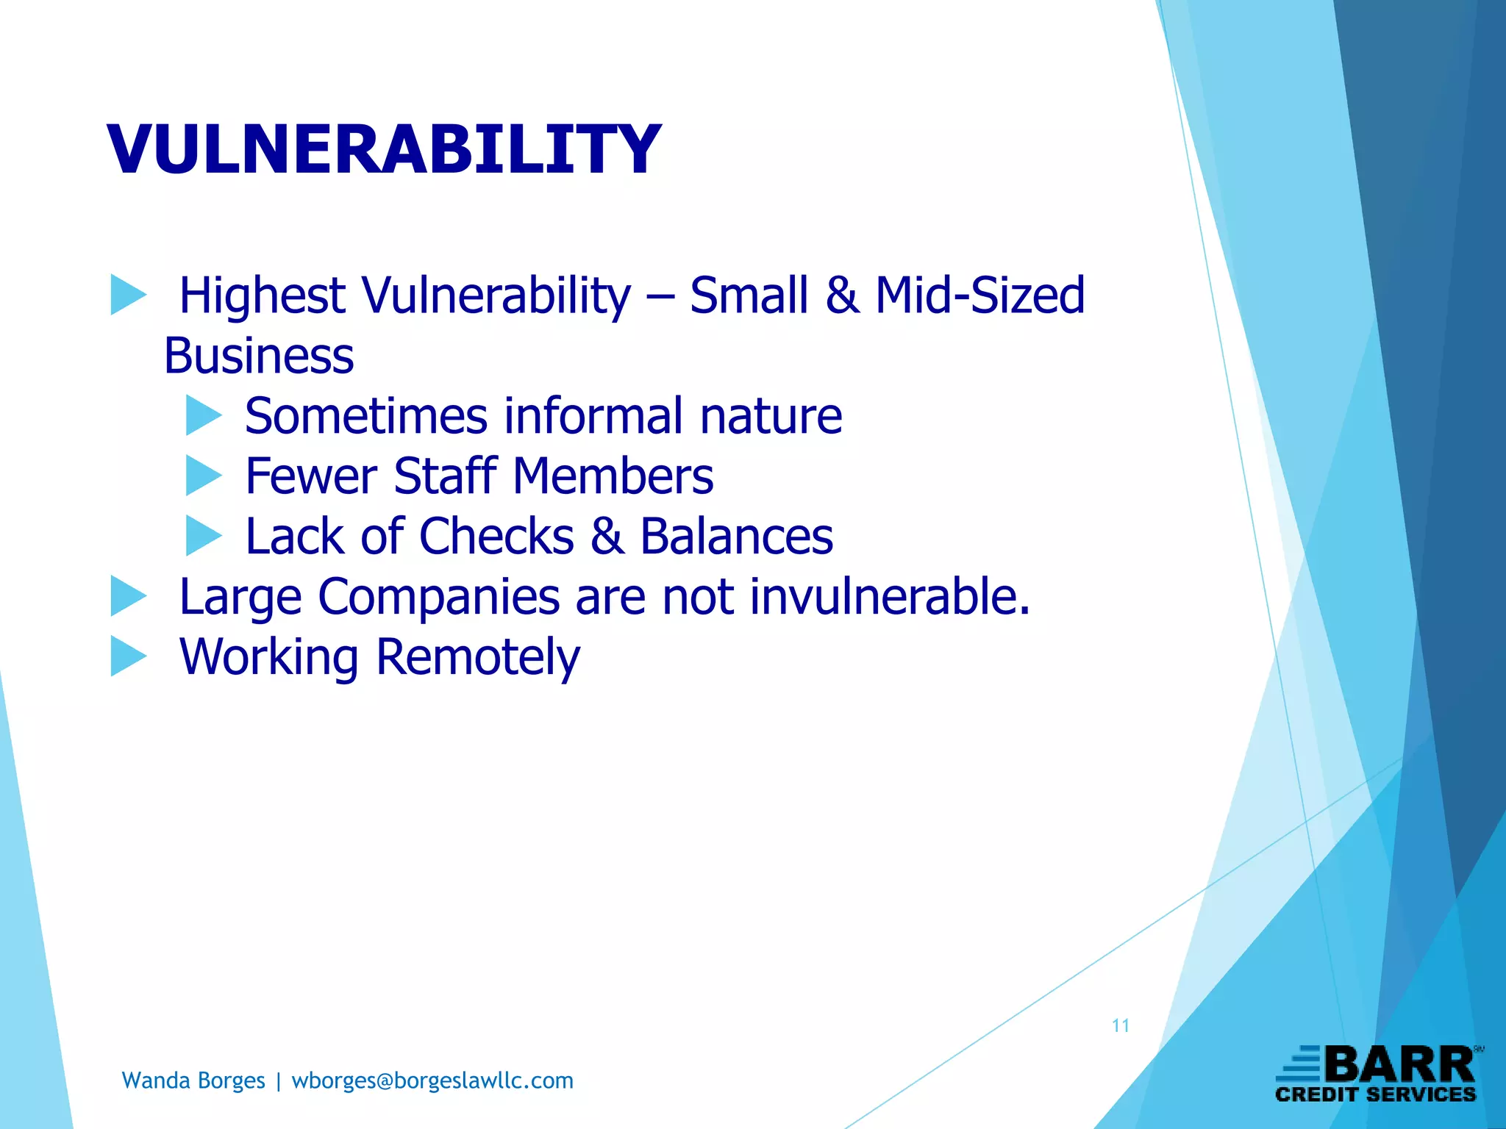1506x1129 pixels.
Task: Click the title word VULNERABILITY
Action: click(384, 149)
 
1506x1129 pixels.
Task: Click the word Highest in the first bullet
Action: click(262, 295)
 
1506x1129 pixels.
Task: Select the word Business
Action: click(258, 356)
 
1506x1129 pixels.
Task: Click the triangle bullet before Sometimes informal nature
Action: click(203, 415)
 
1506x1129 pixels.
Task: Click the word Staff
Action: click(445, 476)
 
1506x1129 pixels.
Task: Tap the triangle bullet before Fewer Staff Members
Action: click(203, 476)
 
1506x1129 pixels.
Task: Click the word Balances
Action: click(736, 536)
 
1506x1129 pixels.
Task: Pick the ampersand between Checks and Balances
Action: click(607, 536)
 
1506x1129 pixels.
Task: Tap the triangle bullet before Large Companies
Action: click(128, 596)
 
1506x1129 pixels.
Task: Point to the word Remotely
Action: click(478, 656)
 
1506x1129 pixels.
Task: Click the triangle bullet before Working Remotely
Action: click(128, 656)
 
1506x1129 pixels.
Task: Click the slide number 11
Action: click(1120, 1026)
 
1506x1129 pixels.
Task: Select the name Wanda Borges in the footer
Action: click(193, 1080)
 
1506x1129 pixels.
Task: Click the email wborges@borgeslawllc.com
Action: click(432, 1080)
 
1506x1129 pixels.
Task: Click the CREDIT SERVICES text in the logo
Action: click(1375, 1095)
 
